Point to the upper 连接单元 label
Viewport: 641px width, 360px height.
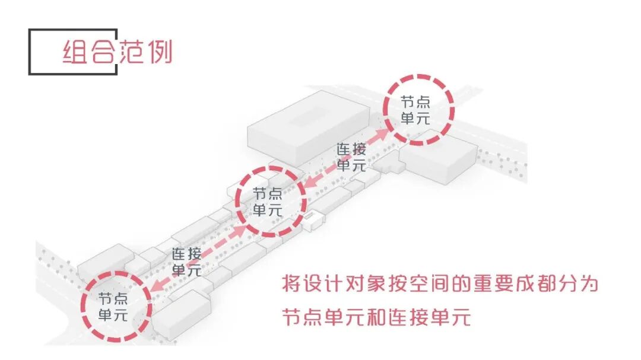tap(351, 157)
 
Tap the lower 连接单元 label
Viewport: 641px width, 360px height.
tap(186, 262)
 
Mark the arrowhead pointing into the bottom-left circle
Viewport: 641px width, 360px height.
tap(156, 285)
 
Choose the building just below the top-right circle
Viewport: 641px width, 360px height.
tap(439, 160)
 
